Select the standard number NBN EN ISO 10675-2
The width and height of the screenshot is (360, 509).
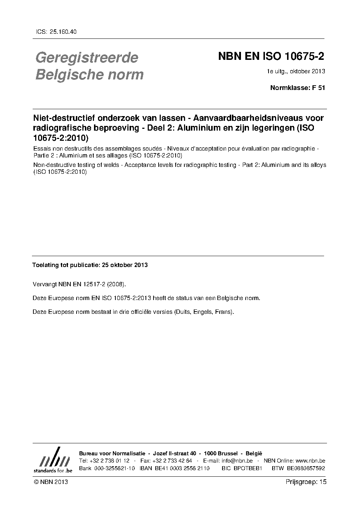coord(271,57)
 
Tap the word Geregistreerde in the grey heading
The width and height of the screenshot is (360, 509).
coord(87,57)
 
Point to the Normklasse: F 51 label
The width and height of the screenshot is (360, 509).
coord(298,87)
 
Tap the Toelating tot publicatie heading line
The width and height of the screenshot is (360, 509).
coord(90,265)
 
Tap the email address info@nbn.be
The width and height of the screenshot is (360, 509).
coord(237,461)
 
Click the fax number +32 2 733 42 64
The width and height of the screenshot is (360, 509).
coord(172,461)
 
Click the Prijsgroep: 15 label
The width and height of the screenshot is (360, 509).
coord(306,482)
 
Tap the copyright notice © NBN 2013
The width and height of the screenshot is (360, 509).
coord(50,482)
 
